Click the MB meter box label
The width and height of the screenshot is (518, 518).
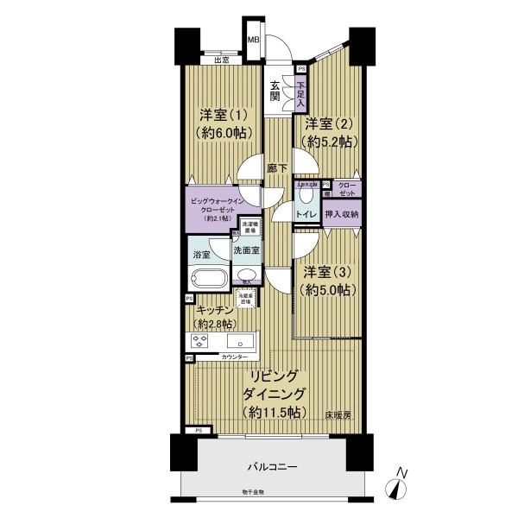[x=255, y=40]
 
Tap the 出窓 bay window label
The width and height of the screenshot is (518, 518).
[x=222, y=60]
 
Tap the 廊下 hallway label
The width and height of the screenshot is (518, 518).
[x=276, y=169]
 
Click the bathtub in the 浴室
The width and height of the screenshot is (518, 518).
[x=207, y=279]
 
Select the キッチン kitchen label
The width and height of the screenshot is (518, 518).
[x=212, y=310]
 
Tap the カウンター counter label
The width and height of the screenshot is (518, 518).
[x=234, y=357]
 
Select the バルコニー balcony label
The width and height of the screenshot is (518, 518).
[x=272, y=466]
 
